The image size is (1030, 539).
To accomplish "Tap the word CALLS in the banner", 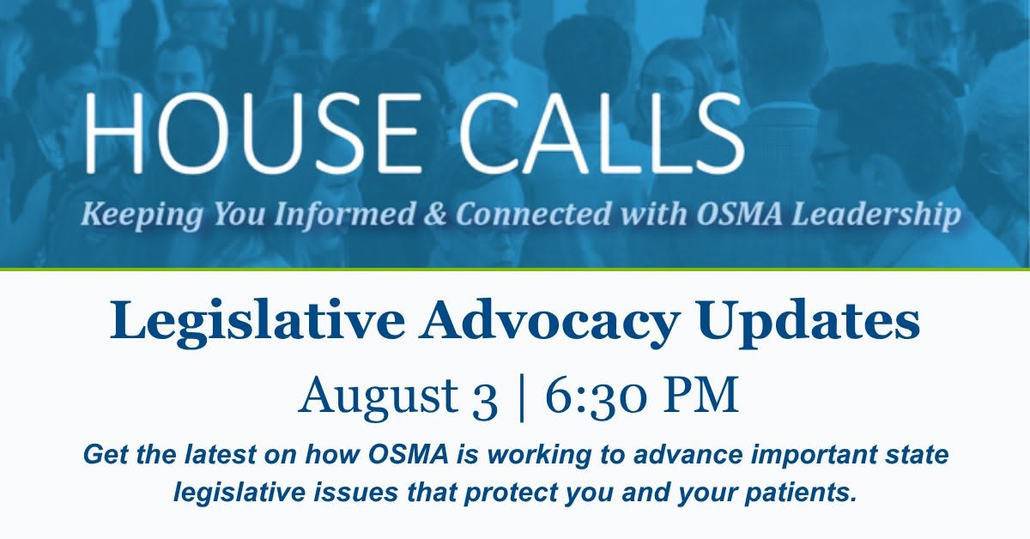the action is [601, 132].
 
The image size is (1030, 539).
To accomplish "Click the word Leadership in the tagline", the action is [876, 215].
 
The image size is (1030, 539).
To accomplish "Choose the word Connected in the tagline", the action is [534, 215].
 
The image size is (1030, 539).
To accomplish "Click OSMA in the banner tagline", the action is [739, 215].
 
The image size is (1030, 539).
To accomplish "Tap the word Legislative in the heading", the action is [257, 321].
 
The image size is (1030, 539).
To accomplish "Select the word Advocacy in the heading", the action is [549, 321].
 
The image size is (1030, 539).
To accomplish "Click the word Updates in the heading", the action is [808, 321].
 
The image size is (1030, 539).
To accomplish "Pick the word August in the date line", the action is [379, 397].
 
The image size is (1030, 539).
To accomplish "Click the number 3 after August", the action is [485, 399].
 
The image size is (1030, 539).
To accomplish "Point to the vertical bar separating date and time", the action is [521, 398].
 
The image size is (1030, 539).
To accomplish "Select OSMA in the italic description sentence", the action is [409, 454].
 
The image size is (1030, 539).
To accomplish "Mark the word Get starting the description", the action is [107, 454].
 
